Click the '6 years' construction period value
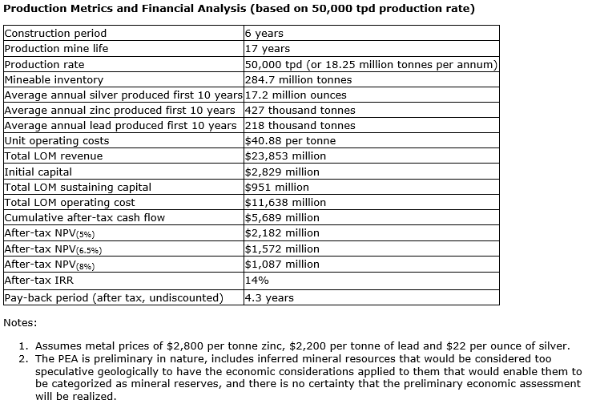(264, 34)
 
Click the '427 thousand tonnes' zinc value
(300, 110)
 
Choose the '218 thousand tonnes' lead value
(300, 125)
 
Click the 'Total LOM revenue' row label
(54, 156)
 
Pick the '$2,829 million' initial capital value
(282, 172)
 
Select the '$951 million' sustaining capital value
(277, 187)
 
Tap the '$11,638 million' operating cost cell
(285, 202)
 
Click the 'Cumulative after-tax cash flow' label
(82, 217)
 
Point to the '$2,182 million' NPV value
(282, 232)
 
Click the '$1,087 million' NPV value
(282, 264)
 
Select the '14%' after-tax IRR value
(257, 280)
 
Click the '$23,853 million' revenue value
(285, 156)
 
